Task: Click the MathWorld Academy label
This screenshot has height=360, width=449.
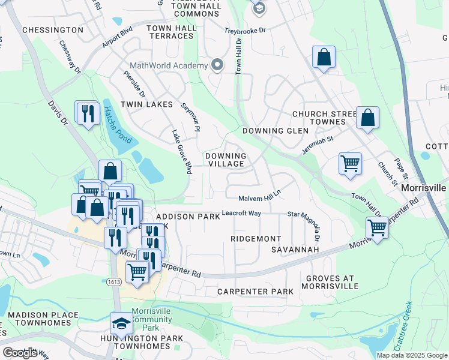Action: (169, 65)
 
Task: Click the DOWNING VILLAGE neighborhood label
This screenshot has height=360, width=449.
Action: (225, 160)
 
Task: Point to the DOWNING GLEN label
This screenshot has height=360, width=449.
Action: (275, 131)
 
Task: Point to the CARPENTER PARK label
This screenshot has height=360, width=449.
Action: (255, 292)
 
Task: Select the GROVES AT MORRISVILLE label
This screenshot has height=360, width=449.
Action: (335, 282)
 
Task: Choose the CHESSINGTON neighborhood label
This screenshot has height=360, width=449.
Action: (53, 30)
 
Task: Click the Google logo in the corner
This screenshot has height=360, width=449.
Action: (20, 353)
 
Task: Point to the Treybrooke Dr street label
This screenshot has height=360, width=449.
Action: (244, 29)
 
